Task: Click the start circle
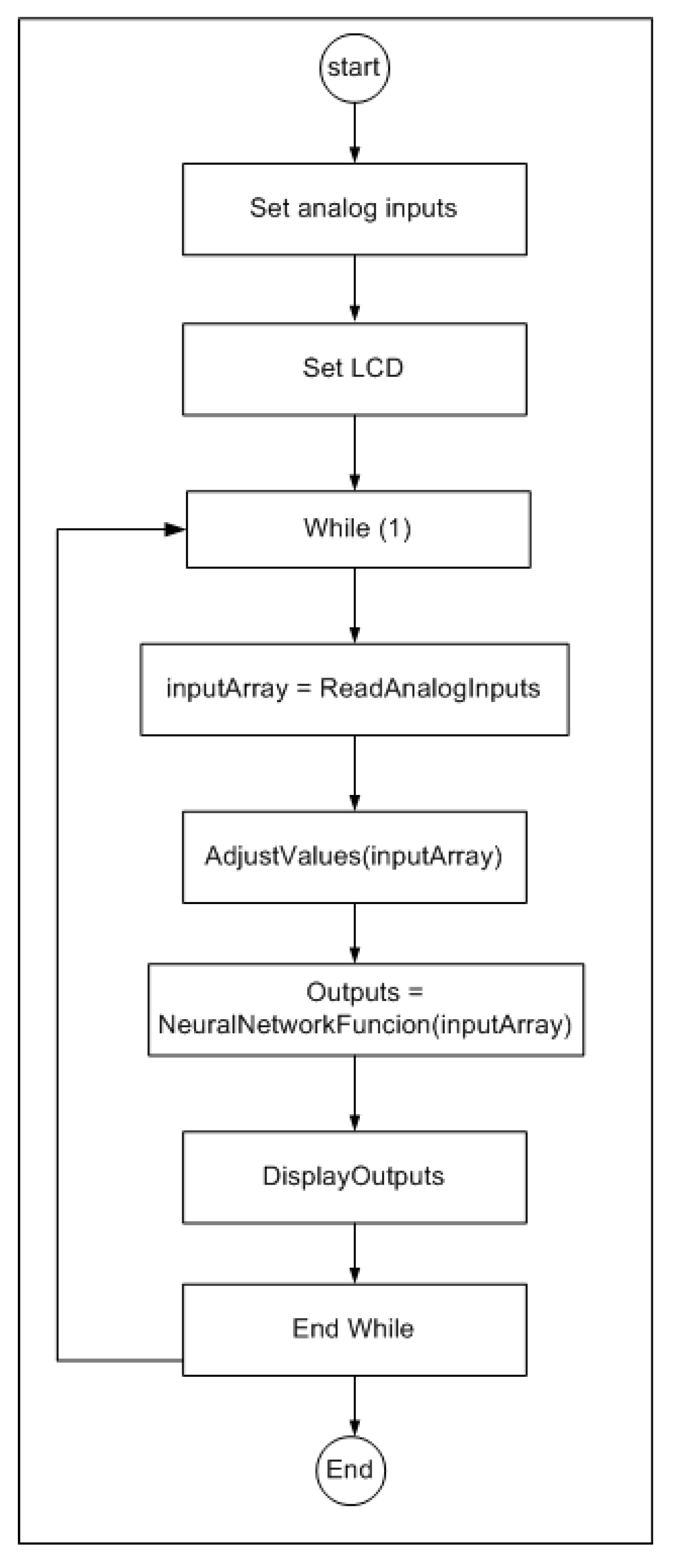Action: (354, 68)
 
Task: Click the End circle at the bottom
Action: (351, 1470)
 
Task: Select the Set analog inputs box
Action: (354, 209)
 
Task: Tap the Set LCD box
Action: (354, 369)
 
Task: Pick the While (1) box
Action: (358, 529)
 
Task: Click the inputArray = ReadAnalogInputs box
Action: (354, 690)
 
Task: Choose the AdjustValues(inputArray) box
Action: (354, 857)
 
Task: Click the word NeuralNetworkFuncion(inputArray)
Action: (365, 1025)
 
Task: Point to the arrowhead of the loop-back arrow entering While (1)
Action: (175, 530)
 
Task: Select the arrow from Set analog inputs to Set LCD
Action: (355, 289)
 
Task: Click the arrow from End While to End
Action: (355, 1406)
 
